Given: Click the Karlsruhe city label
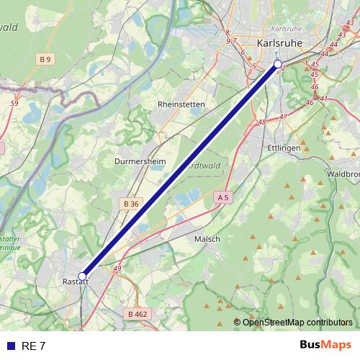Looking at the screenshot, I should point(280,43).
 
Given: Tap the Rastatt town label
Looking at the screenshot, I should point(75,282).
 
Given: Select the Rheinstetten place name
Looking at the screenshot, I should point(181,104).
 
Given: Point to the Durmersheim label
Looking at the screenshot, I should point(140,161).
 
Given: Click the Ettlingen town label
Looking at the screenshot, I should point(284,148).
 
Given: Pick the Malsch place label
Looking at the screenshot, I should point(207,238).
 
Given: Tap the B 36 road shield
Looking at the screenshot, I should point(130,204).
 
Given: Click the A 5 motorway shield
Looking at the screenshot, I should point(222,197).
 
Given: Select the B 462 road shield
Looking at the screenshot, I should point(137,314).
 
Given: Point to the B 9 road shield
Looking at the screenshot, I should point(46,58).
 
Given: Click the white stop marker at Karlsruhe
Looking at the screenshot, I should point(278,64).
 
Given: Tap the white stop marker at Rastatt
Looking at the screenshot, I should point(82,276).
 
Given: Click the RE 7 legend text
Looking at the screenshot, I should point(34,346).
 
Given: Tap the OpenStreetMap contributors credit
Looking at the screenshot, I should point(293,322).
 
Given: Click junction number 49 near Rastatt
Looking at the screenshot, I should point(117,269).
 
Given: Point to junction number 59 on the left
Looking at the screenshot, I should point(14,104).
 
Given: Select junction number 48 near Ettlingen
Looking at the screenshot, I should point(261,122).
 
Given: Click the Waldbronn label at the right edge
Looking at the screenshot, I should point(343,174).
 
